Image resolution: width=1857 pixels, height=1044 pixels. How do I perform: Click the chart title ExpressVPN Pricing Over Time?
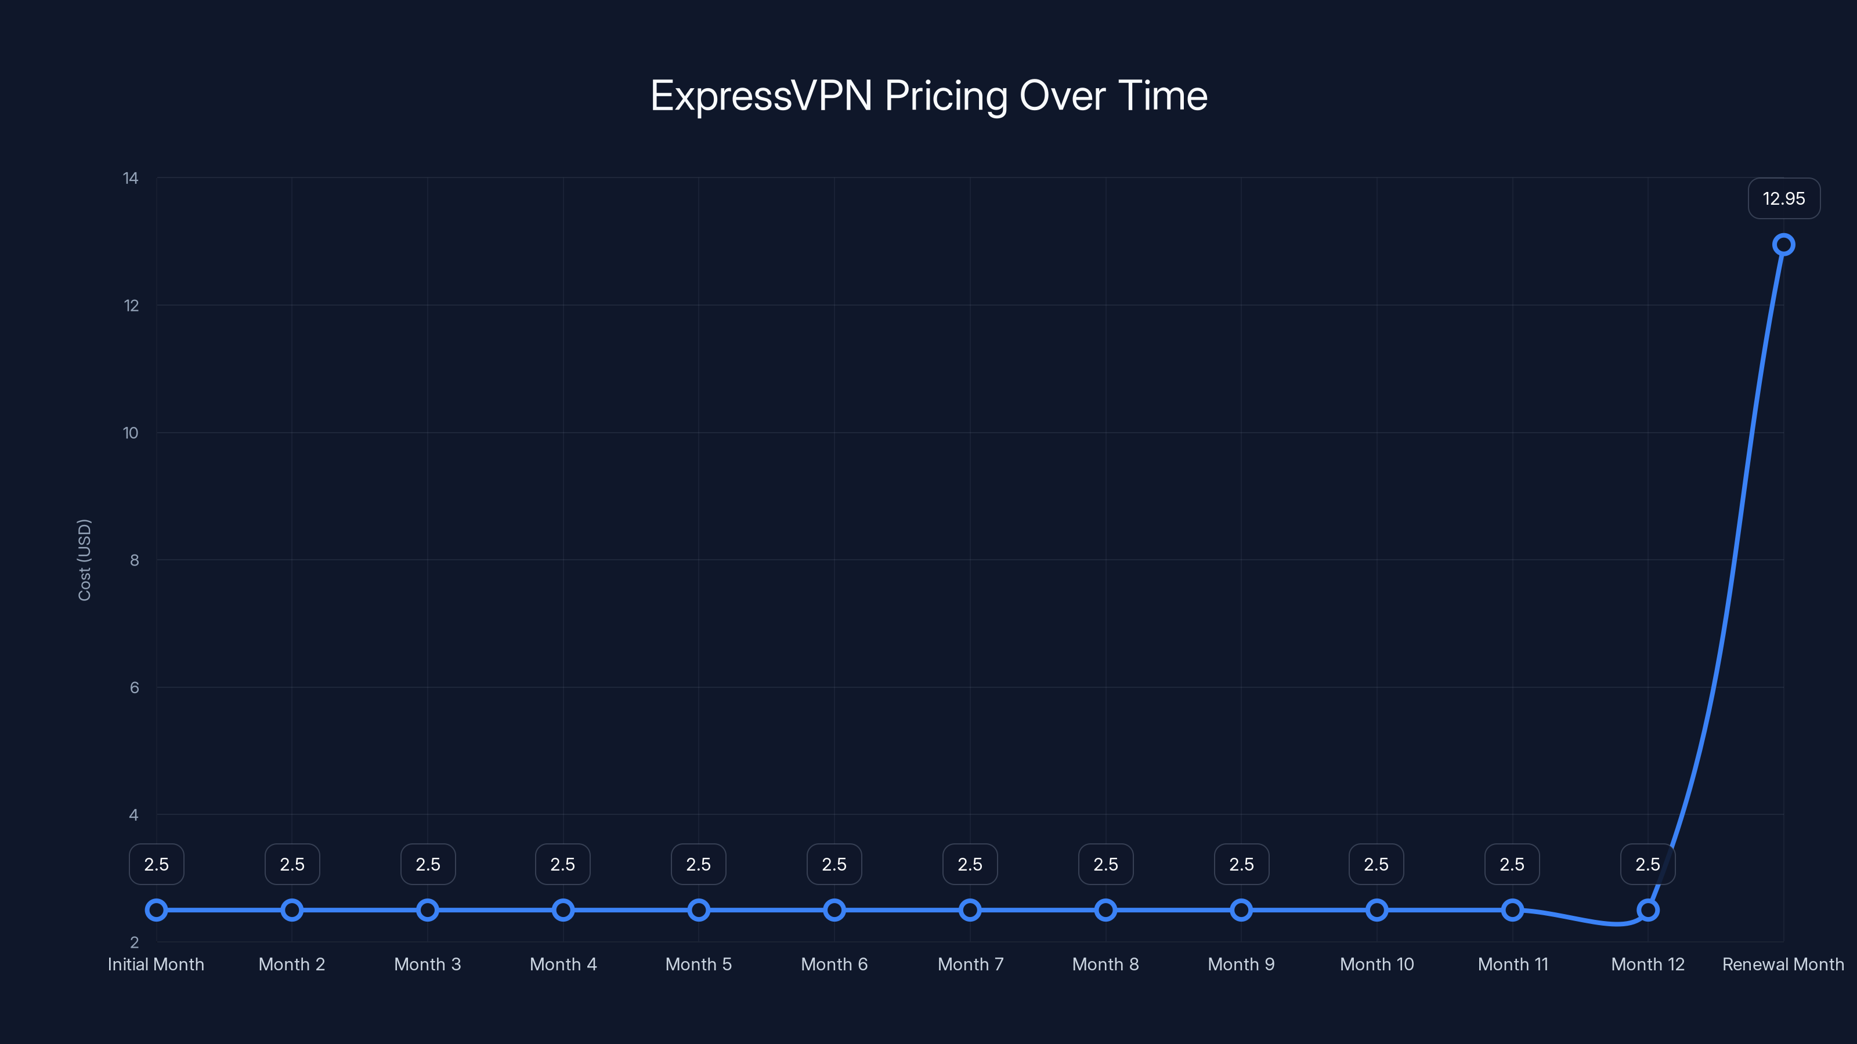[x=928, y=96]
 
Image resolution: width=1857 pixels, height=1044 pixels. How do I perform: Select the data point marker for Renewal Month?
[x=1783, y=245]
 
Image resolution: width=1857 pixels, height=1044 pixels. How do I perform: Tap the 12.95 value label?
[x=1783, y=199]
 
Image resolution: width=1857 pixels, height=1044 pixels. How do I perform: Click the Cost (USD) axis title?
[x=84, y=560]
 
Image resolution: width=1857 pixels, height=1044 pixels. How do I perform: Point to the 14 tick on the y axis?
[x=131, y=178]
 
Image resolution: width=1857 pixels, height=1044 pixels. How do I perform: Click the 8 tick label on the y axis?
[x=134, y=560]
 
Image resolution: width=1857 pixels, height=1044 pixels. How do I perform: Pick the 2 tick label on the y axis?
[x=134, y=942]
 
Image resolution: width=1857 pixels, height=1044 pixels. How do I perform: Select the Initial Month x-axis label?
[x=156, y=964]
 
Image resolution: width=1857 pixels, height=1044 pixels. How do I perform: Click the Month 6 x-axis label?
[x=834, y=964]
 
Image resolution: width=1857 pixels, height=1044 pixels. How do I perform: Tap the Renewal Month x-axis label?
[x=1783, y=964]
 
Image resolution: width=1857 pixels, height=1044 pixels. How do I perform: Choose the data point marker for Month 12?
[x=1648, y=910]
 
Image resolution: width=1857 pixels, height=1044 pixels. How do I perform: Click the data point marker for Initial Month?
[x=157, y=910]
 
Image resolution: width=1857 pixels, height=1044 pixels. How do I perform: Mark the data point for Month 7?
[x=970, y=910]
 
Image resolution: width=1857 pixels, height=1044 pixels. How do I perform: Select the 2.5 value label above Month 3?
[x=428, y=864]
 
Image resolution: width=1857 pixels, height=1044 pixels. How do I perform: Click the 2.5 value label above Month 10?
[x=1376, y=864]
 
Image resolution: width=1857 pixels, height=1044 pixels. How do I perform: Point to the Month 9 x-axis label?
[x=1241, y=964]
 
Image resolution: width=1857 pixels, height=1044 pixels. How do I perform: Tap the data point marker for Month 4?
[x=563, y=910]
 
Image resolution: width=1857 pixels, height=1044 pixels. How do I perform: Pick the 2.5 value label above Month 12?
[x=1648, y=864]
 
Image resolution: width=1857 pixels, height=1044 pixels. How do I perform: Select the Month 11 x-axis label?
[x=1512, y=964]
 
